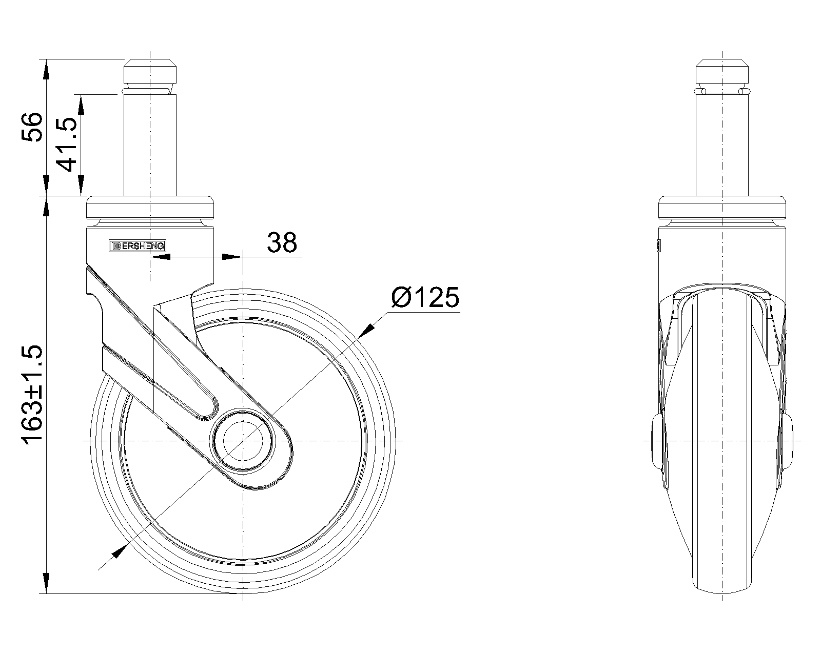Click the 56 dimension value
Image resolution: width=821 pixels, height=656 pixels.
(x=32, y=127)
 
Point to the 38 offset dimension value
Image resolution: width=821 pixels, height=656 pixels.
(x=282, y=242)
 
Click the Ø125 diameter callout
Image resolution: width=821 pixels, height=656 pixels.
(x=425, y=297)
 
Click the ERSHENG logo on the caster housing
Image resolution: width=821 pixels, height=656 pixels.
(x=138, y=246)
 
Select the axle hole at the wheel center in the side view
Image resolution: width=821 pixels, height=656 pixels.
(x=243, y=441)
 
